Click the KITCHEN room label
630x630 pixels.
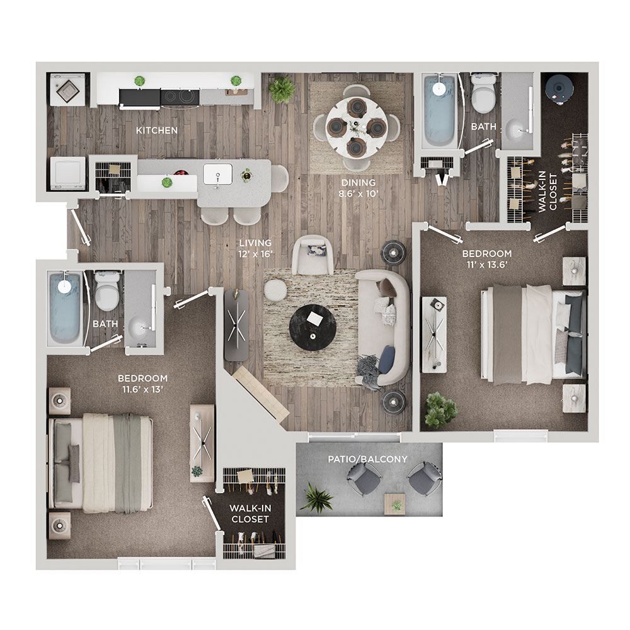157,130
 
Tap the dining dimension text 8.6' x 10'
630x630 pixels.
359,193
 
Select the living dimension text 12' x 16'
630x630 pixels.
256,253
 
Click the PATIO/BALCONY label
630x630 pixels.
368,459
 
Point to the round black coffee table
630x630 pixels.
313,328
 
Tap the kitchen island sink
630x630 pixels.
217,175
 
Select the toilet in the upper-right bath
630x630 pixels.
483,94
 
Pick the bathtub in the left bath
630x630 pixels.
65,307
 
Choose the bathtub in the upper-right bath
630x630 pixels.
440,110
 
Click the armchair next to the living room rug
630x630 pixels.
312,255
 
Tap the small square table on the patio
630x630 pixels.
394,504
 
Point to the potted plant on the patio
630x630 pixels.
317,498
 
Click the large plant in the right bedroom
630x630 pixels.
441,410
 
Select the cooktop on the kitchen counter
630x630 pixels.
180,96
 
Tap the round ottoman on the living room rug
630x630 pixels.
275,290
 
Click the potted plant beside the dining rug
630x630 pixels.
282,89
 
